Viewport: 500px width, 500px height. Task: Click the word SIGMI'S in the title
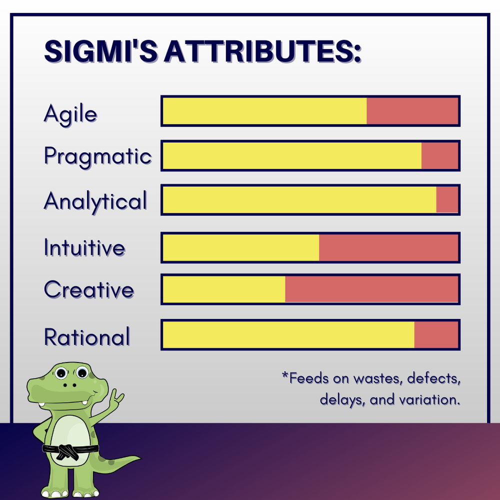(x=101, y=51)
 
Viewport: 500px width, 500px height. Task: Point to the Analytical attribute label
(x=95, y=201)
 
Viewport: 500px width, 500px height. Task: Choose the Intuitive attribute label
(x=84, y=247)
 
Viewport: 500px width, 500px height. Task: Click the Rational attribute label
(x=87, y=336)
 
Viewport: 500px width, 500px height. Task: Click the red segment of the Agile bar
(x=412, y=111)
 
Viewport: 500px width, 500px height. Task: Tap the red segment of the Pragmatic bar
(x=439, y=155)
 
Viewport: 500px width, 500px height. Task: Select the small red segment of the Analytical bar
(x=447, y=199)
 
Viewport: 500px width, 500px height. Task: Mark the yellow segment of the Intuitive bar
(x=241, y=248)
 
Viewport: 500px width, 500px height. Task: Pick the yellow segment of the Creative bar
(x=224, y=289)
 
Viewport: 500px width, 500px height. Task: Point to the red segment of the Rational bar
(x=436, y=334)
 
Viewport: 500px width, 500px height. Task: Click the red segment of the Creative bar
(x=371, y=289)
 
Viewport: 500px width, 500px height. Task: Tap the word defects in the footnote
(x=433, y=378)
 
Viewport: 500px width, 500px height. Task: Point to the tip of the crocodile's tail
(x=139, y=458)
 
